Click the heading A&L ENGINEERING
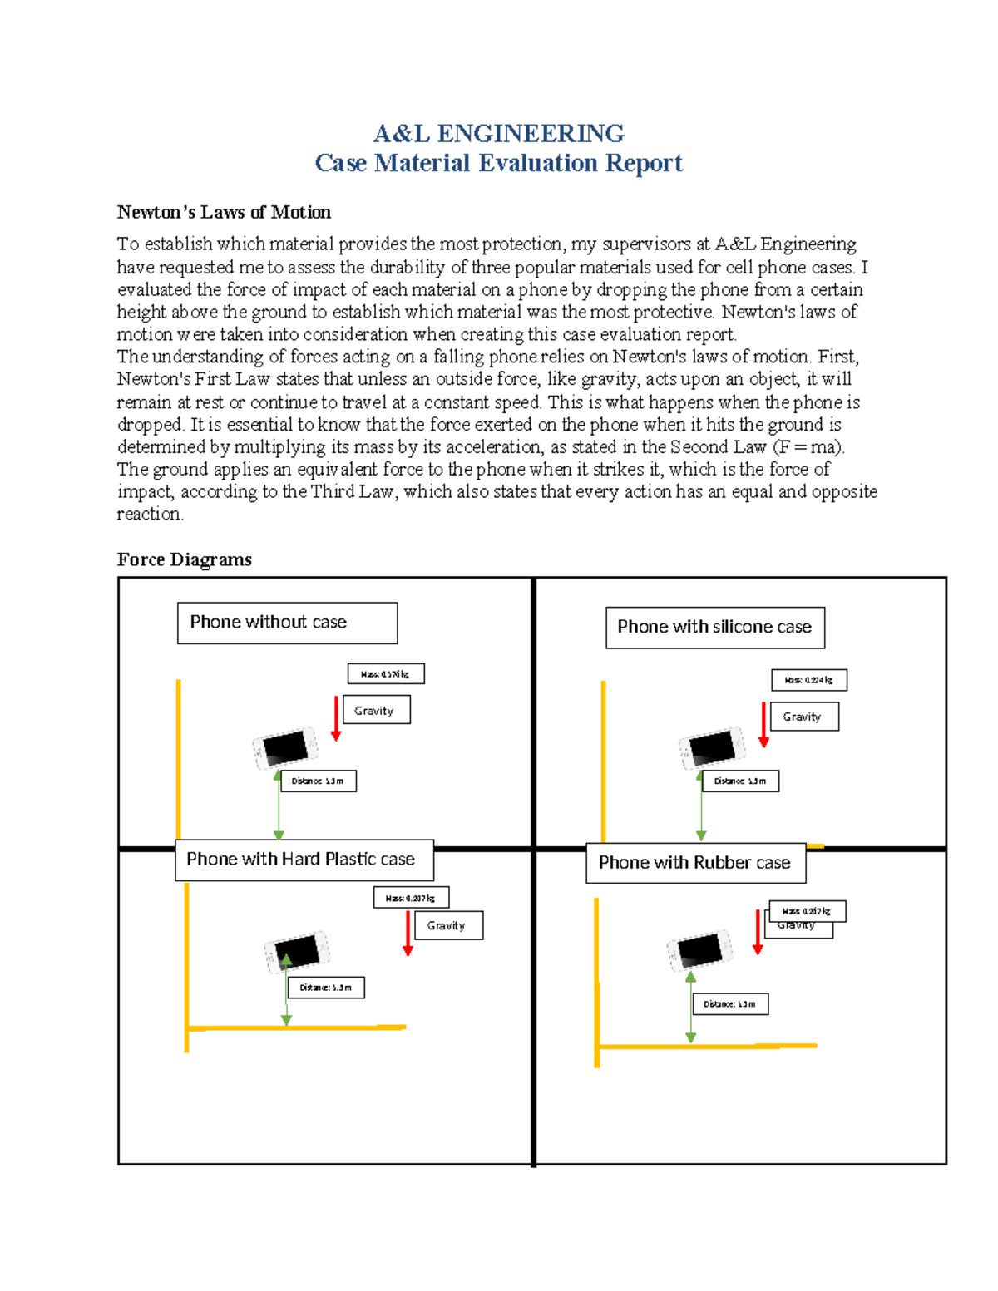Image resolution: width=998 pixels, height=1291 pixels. [x=499, y=133]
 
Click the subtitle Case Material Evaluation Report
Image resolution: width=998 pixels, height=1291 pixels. [x=499, y=163]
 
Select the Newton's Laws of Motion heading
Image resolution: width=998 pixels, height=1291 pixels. [x=224, y=212]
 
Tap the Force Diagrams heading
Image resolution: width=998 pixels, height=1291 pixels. [x=184, y=559]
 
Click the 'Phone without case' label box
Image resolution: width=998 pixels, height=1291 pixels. [x=287, y=623]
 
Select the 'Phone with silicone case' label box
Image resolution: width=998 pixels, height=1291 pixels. [x=715, y=628]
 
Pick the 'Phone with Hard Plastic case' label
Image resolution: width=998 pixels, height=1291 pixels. [x=304, y=860]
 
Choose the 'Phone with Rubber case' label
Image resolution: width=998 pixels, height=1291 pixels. [x=695, y=863]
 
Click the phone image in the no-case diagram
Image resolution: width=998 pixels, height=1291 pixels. [x=285, y=747]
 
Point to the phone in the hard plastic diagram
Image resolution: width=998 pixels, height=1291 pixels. [x=297, y=951]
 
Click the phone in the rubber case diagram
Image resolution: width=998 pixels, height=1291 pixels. [x=699, y=949]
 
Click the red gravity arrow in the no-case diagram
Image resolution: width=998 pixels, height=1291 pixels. [x=336, y=718]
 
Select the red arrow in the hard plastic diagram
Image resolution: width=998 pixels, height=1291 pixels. [x=408, y=934]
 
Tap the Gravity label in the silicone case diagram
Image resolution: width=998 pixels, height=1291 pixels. [x=804, y=717]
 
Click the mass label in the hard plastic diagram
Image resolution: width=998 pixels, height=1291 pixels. [x=411, y=898]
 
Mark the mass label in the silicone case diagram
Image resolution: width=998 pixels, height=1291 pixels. [x=808, y=680]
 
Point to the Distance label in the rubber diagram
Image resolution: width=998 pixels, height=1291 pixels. [x=730, y=1004]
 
